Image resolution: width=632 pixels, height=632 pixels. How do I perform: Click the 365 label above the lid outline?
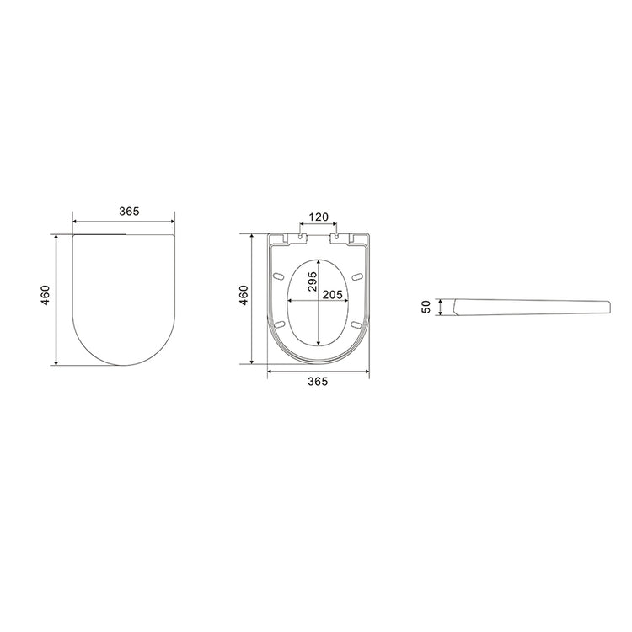coord(129,211)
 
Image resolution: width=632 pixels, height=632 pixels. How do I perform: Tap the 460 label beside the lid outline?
coord(46,296)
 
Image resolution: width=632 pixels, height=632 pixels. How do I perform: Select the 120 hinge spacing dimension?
coord(317,217)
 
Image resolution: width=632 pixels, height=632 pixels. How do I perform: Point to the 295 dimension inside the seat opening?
coord(311,281)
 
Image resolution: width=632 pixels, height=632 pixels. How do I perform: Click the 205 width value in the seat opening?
coord(331,295)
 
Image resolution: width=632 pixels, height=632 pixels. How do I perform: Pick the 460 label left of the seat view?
coord(244,296)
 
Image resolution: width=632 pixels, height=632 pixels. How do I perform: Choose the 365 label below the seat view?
coord(317,382)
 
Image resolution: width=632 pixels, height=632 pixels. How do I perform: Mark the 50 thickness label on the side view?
coord(426,306)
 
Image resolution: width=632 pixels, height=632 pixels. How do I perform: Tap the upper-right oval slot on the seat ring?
coord(357,276)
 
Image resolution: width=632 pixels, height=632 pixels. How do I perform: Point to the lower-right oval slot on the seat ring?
coord(356,324)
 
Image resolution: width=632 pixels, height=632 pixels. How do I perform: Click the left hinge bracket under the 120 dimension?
coord(300,238)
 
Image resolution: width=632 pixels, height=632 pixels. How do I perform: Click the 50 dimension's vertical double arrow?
coord(440,307)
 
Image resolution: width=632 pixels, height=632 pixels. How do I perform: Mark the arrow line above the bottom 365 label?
coord(317,370)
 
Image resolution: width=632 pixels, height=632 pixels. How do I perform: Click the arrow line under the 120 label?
coord(318,227)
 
